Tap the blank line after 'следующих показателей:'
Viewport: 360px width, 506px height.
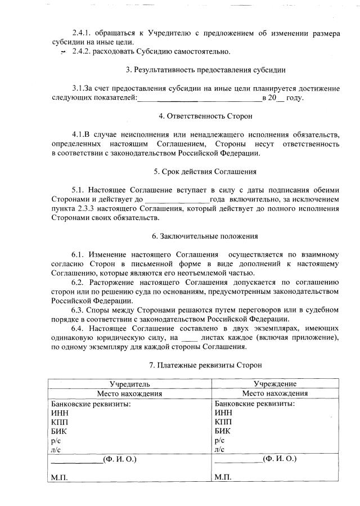[200, 98]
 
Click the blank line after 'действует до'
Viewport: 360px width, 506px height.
[177, 200]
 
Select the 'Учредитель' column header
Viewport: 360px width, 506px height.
[130, 384]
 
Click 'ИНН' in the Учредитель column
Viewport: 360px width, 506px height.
[58, 413]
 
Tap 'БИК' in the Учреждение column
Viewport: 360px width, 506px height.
[222, 431]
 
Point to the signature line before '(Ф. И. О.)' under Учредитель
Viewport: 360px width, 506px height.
[76, 460]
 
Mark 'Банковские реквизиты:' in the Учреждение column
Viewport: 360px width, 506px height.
[255, 404]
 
